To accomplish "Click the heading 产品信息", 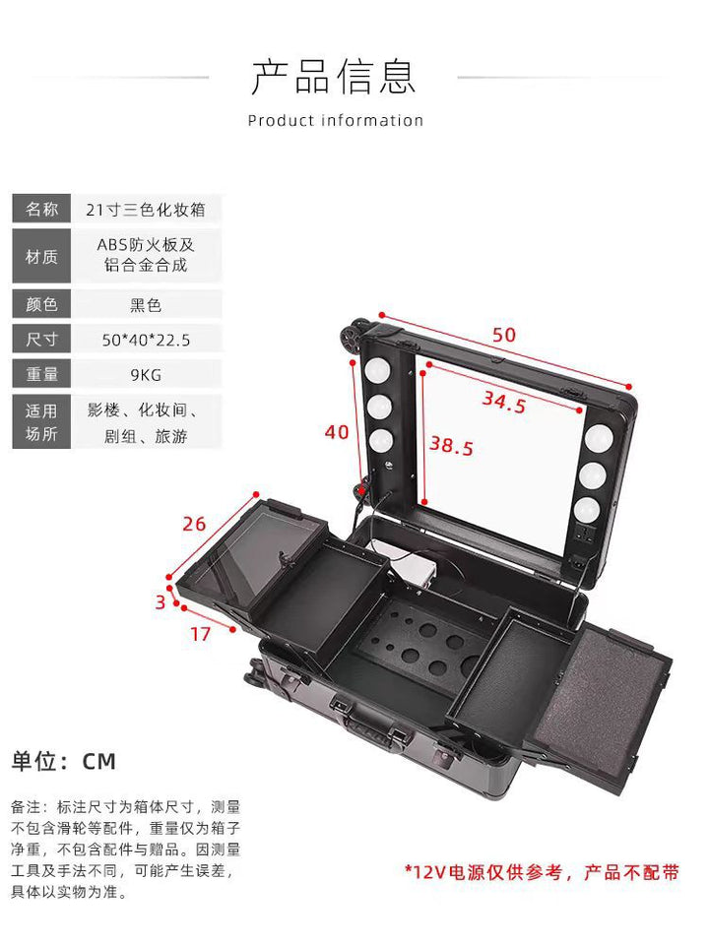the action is pos(334,77).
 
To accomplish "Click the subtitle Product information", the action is pos(335,120).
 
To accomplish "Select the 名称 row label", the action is pos(41,209).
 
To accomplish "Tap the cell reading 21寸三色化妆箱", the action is pos(146,210).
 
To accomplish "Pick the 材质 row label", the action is pos(41,256).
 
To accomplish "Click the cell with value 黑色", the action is pos(146,305).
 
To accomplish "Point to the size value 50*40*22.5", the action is pos(146,340).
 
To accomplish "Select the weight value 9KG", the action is pos(146,375).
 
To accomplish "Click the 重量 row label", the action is pos(41,374).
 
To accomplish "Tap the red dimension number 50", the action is pos(504,335).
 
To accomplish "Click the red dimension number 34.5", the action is pos(504,402).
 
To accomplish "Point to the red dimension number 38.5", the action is pos(451,446).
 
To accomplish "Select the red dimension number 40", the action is pos(337,431).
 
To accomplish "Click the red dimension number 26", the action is pos(194,524).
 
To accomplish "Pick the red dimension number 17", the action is pos(200,634).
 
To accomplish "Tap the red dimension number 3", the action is pos(161,602).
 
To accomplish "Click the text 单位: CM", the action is pos(63,761).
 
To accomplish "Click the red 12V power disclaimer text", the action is pos(542,872).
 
